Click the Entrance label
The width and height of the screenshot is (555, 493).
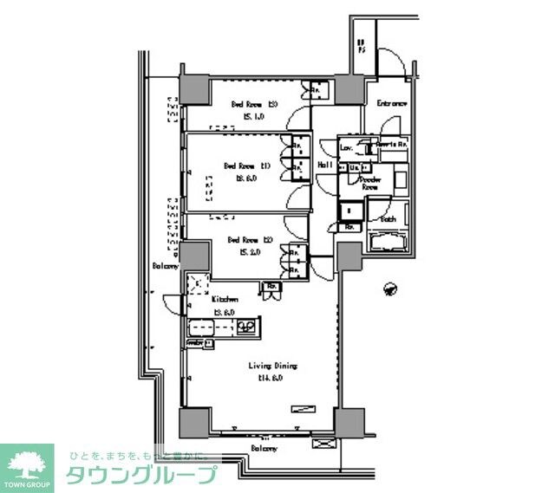click(x=391, y=104)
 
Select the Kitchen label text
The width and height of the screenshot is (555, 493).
click(x=225, y=299)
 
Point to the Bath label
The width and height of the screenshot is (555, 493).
click(x=388, y=219)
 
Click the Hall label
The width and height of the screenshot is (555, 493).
click(x=326, y=165)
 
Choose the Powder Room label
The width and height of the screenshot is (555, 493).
click(x=371, y=183)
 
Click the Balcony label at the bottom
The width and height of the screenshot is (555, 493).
click(x=264, y=449)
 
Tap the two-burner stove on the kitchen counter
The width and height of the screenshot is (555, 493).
click(x=247, y=328)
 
